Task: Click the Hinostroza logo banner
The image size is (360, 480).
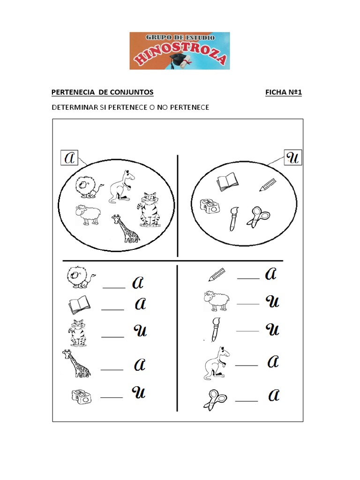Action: tap(180, 51)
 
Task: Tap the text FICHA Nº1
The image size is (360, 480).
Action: tap(284, 92)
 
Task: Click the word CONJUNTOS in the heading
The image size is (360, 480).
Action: tap(132, 92)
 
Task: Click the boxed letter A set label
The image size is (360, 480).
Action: tap(69, 157)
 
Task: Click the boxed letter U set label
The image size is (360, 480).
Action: tap(293, 157)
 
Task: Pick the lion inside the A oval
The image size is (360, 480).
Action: tap(88, 187)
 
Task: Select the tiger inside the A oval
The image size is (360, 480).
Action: tap(149, 210)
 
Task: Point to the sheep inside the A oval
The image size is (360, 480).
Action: tap(88, 215)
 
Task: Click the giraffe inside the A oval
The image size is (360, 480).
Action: tap(126, 228)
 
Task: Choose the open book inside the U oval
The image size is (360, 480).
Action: tap(227, 181)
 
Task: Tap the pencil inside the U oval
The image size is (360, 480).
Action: tap(268, 185)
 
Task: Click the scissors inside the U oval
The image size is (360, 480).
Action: tap(259, 217)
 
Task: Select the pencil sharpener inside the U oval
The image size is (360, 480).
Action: tap(210, 206)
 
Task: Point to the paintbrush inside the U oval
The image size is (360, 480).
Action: tap(234, 218)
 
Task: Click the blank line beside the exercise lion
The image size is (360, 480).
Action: tap(114, 288)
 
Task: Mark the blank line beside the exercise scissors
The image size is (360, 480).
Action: tap(247, 401)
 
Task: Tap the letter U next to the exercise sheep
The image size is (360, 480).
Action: tap(272, 301)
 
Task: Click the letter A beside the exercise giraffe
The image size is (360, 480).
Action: tap(140, 364)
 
